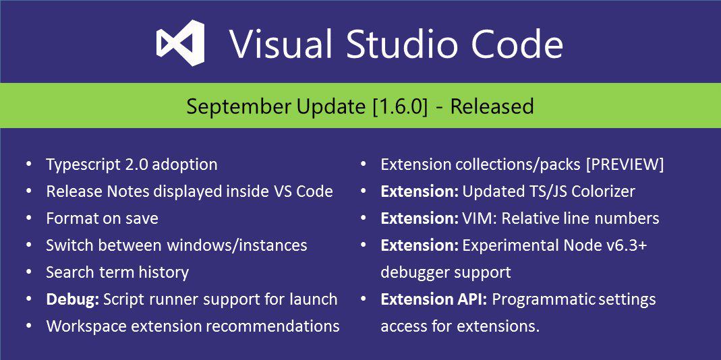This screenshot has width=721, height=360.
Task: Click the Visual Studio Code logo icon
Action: (x=180, y=42)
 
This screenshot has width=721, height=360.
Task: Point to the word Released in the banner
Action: (x=492, y=107)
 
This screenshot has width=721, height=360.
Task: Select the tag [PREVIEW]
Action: (x=625, y=164)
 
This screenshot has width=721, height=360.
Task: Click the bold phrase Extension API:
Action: (x=434, y=299)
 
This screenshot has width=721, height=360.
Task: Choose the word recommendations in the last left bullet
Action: (x=272, y=326)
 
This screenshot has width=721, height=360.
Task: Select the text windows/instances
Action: (x=237, y=245)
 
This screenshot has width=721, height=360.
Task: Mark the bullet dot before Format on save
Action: (x=30, y=217)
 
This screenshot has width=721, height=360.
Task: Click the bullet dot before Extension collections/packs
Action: (x=364, y=163)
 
